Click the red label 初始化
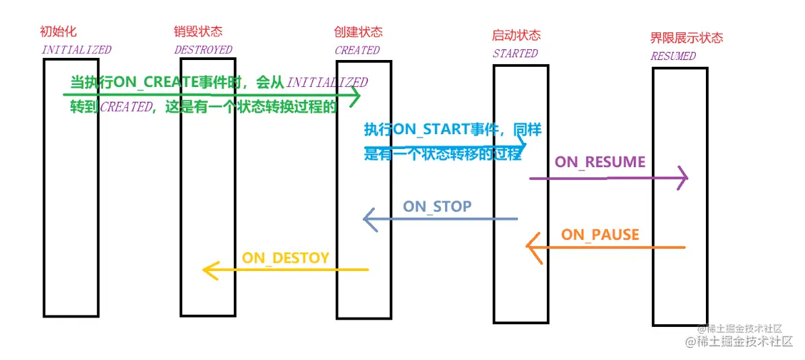tap(59, 32)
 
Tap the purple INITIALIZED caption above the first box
tap(76, 50)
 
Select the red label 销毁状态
tap(198, 32)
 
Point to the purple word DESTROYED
tap(203, 50)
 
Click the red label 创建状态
tap(358, 32)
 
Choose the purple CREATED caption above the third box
tap(357, 50)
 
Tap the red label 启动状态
tap(516, 35)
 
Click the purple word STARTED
tap(515, 53)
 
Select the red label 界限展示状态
tap(686, 38)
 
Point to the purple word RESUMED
tap(673, 57)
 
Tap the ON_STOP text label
tap(437, 206)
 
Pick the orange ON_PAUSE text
tap(600, 235)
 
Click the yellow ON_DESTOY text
tap(285, 258)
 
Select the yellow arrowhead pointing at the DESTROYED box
tap(206, 270)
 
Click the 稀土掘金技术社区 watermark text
tap(738, 341)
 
